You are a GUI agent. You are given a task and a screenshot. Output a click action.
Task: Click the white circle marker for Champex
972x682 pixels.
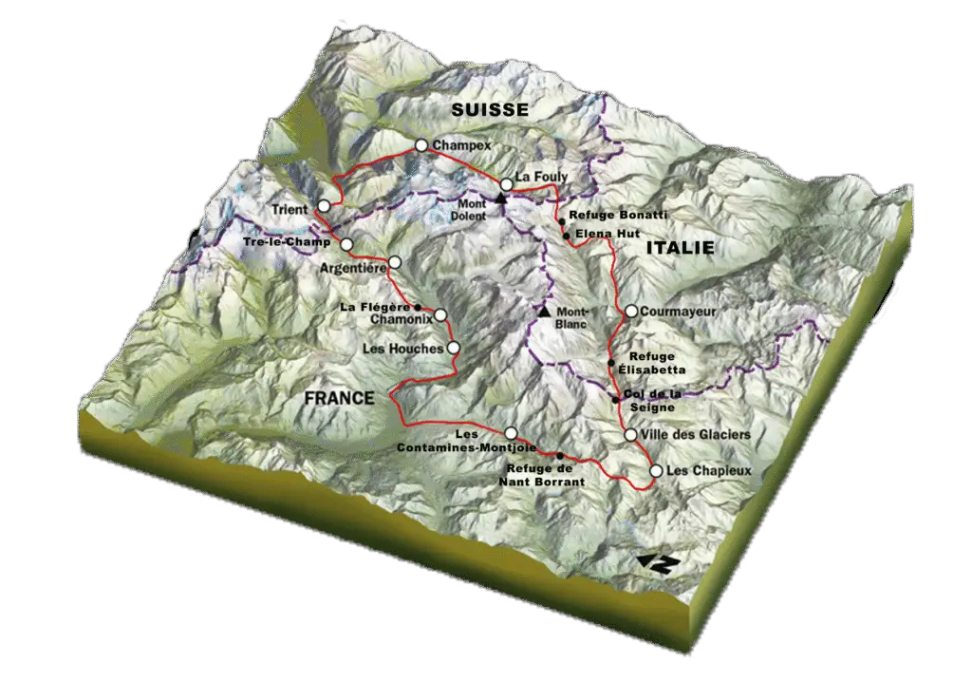[x=421, y=145]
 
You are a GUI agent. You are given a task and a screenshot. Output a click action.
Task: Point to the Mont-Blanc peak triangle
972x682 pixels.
[x=544, y=312]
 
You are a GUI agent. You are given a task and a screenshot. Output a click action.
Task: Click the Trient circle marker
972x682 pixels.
[x=325, y=206]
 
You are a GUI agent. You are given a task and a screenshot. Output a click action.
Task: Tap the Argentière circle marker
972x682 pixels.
[x=395, y=262]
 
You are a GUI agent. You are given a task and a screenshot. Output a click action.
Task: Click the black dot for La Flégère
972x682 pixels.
[x=418, y=307]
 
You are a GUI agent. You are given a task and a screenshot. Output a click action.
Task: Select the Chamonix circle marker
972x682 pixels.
[x=440, y=315]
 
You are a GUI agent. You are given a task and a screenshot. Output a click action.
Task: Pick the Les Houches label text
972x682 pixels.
[x=403, y=349]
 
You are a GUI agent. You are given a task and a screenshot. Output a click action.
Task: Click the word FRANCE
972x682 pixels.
[x=339, y=399]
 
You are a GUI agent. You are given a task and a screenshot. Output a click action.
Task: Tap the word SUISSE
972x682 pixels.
[x=490, y=110]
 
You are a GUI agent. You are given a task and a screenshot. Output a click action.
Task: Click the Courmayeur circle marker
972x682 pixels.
[x=630, y=312]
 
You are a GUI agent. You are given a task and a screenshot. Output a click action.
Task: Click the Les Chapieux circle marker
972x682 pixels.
[x=656, y=470]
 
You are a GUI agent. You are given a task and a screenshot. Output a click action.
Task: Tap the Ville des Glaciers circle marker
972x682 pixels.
[x=630, y=435]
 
